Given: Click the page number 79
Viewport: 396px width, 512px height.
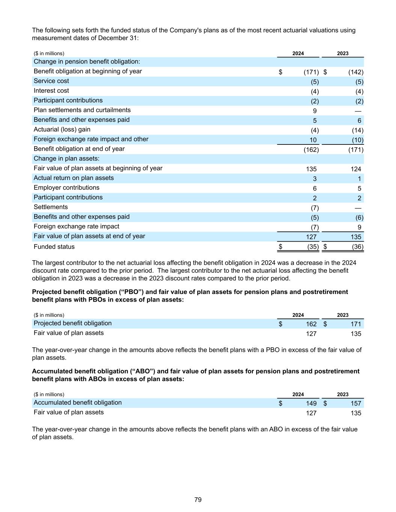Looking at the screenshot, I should (198, 500).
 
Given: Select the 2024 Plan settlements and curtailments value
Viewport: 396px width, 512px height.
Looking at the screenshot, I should (315, 111).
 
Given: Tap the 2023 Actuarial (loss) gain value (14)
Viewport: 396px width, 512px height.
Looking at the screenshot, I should (357, 130).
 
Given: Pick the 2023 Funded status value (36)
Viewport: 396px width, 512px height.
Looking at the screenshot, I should (357, 247).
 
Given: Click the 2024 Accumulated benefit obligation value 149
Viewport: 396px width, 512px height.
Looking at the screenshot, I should (311, 403).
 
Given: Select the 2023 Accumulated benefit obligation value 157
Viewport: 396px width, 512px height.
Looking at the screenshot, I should (355, 403).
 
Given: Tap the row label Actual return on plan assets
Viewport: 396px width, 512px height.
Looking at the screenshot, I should (74, 178).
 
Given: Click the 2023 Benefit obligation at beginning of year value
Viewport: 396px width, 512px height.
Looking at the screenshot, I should (355, 72).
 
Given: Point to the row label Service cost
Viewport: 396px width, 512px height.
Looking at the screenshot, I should (51, 81).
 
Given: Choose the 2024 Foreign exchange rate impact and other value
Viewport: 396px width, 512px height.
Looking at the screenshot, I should (313, 140).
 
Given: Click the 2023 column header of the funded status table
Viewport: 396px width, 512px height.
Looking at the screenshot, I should (342, 53).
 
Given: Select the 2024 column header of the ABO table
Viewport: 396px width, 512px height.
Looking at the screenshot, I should (298, 394).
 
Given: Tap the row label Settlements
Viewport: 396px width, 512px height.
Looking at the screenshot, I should (51, 207).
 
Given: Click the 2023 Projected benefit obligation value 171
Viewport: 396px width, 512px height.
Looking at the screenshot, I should (355, 324).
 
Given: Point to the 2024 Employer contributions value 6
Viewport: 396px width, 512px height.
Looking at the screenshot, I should (315, 188).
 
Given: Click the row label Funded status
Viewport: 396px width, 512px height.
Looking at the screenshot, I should (54, 246).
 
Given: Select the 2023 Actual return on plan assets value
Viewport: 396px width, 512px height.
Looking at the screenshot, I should (359, 179).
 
